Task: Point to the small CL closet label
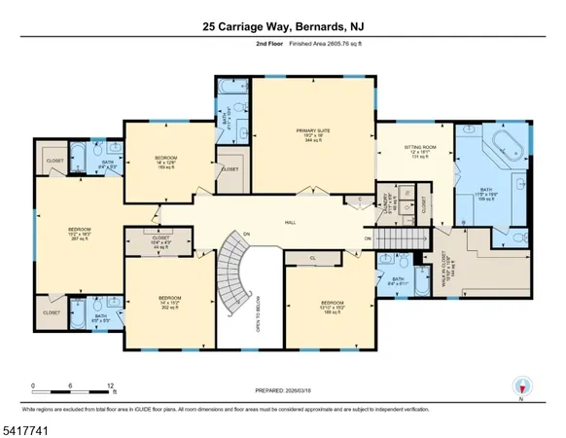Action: [x=313, y=258]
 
